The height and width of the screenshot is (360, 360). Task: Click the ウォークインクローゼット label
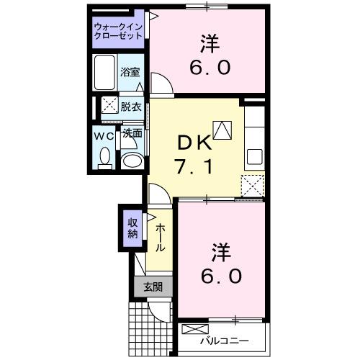[119, 32]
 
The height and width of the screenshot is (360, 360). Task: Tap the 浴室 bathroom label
[130, 73]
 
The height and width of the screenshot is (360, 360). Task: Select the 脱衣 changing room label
[131, 107]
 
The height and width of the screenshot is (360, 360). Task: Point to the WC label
[104, 135]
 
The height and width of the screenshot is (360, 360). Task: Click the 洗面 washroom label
[131, 133]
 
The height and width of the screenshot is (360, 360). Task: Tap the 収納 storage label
[133, 228]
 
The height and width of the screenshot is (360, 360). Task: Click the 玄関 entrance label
[153, 287]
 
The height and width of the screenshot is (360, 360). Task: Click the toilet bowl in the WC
[105, 157]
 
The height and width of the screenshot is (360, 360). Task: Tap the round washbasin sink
[131, 160]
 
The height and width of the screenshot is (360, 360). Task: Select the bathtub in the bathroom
[106, 72]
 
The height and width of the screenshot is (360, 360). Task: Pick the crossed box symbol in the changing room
[109, 106]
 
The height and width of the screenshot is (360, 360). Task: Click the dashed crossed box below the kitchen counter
[253, 185]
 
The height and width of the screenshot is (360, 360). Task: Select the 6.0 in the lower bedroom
[221, 276]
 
